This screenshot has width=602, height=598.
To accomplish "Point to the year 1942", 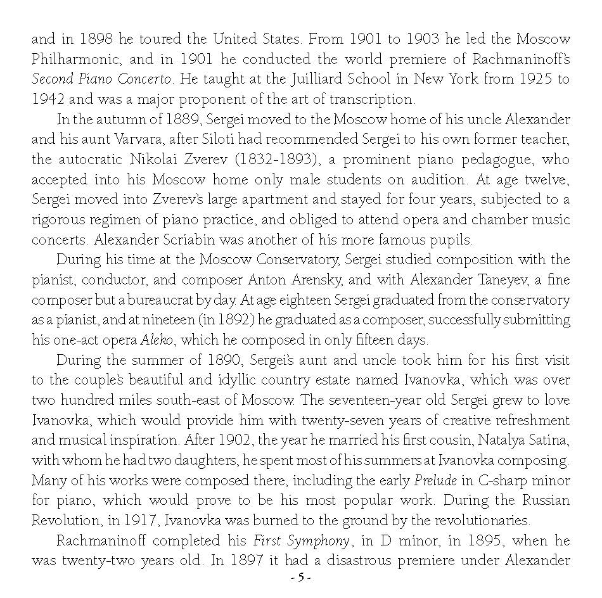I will pos(49,99).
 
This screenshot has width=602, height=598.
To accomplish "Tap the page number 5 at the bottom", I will pos(301,578).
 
